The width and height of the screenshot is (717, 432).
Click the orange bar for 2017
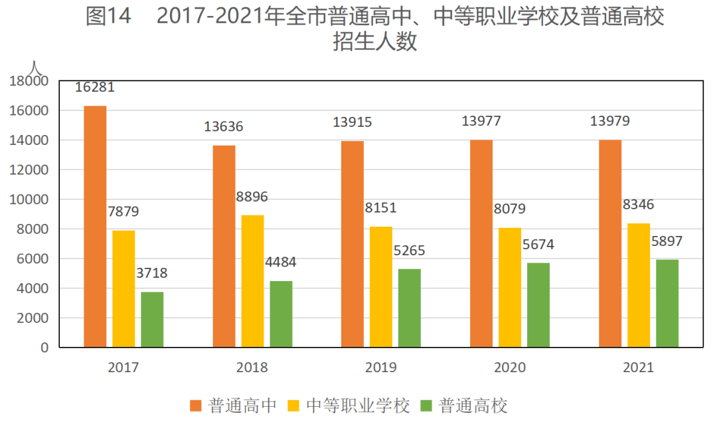pyautogui.click(x=95, y=227)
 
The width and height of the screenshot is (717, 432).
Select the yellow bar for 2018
pyautogui.click(x=252, y=281)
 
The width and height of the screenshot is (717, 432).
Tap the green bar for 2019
pyautogui.click(x=410, y=308)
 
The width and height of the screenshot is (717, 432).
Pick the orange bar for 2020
pyautogui.click(x=481, y=243)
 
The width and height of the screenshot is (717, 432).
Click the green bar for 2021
pyautogui.click(x=667, y=303)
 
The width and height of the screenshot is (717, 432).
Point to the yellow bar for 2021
pyautogui.click(x=639, y=285)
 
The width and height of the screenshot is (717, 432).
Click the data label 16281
pyautogui.click(x=95, y=88)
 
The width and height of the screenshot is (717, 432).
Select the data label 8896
pyautogui.click(x=252, y=197)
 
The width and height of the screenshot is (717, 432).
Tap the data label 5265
pyautogui.click(x=410, y=251)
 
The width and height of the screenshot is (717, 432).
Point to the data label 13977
pyautogui.click(x=481, y=122)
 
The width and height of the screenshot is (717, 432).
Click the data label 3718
pyautogui.click(x=152, y=274)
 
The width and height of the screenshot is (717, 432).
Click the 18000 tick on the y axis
pyautogui.click(x=29, y=81)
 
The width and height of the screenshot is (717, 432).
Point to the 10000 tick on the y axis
pyautogui.click(x=29, y=199)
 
